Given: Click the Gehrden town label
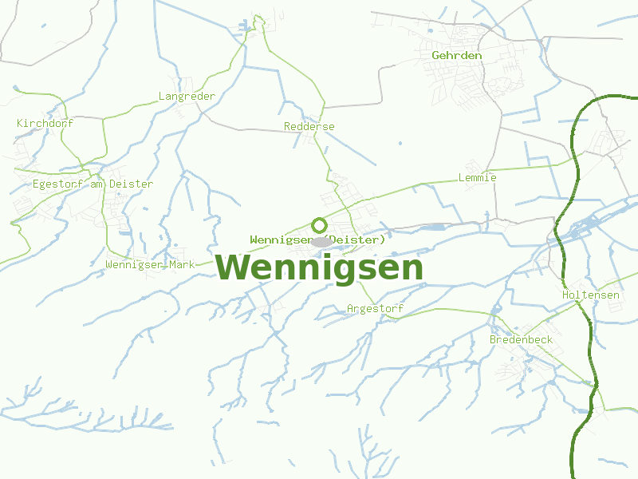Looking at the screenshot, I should tap(456, 56).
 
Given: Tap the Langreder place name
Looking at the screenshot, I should tap(187, 97).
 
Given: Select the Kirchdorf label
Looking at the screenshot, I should tap(45, 123).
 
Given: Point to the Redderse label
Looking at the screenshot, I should tap(309, 127).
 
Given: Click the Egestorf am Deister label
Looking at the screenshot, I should tap(93, 184).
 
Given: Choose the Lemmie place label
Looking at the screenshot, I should tap(478, 177).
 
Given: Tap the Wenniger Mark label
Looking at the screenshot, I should tap(150, 264).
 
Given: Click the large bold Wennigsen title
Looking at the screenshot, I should tap(319, 267).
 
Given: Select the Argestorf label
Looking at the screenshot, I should tap(376, 309).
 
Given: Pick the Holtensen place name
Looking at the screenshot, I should tap(590, 295).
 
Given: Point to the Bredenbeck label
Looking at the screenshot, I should tap(521, 340).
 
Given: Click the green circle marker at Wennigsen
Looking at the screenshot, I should tap(319, 225).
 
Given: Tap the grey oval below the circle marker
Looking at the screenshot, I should tap(321, 242).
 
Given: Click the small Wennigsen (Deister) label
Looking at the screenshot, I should tap(317, 239).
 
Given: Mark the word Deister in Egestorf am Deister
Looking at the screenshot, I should tap(131, 184).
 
